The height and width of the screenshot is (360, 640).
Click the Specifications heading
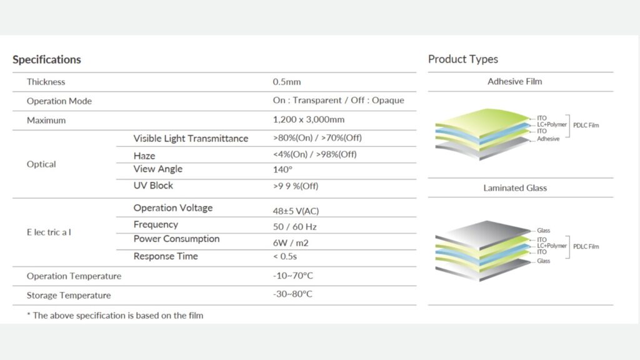click(x=46, y=59)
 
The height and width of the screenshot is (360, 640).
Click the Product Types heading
click(x=463, y=59)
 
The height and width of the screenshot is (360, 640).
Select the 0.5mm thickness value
click(x=286, y=82)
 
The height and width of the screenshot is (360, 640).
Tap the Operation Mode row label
click(x=59, y=101)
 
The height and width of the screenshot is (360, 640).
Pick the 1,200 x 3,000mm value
click(x=309, y=119)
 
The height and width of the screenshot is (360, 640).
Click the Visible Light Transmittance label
click(x=191, y=138)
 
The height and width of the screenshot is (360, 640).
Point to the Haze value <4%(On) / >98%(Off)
click(x=315, y=154)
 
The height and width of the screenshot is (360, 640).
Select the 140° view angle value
click(x=282, y=169)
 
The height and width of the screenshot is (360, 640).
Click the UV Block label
click(x=153, y=185)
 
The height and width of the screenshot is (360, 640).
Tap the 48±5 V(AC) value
click(x=296, y=211)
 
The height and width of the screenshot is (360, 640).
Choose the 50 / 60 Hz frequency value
click(x=295, y=227)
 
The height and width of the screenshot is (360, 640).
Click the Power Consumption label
click(x=176, y=239)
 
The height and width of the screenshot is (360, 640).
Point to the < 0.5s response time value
click(x=285, y=256)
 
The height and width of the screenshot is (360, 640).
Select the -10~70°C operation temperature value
click(x=292, y=276)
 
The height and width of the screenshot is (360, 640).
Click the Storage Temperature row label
click(x=69, y=295)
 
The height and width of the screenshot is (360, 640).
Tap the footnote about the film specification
click(x=115, y=316)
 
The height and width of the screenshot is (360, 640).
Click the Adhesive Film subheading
click(x=515, y=81)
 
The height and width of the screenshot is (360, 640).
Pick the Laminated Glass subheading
click(x=515, y=187)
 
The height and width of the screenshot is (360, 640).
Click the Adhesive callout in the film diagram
click(x=548, y=139)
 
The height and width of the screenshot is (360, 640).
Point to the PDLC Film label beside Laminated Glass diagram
click(x=586, y=246)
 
